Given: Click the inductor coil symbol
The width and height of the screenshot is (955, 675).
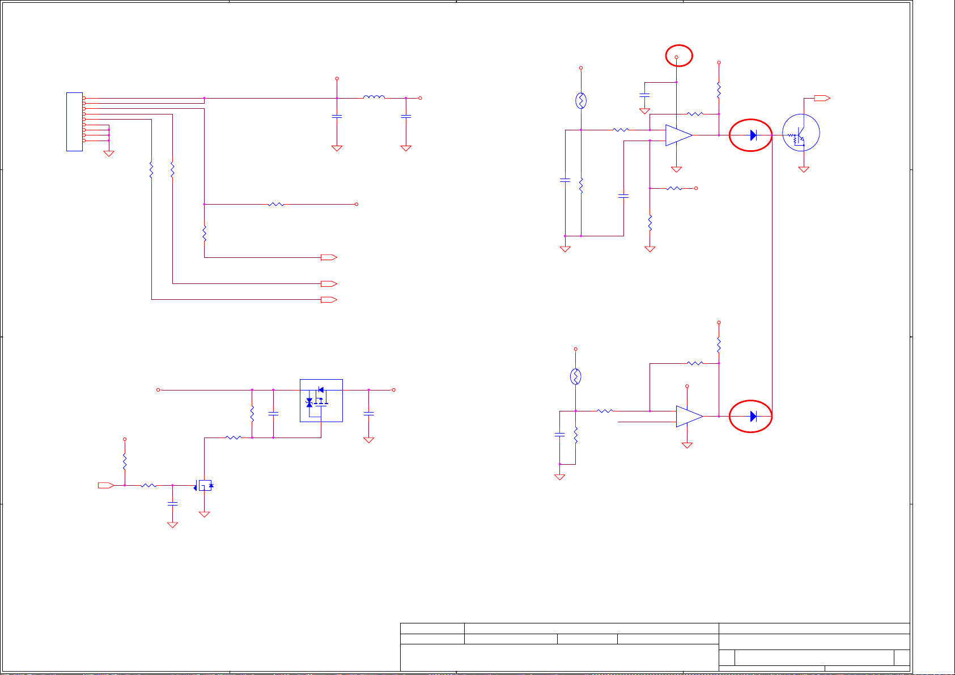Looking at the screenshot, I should click(x=374, y=97).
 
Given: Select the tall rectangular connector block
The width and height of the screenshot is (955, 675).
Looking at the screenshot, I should click(x=74, y=122).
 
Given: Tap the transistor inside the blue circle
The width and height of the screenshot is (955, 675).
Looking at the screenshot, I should click(x=801, y=133).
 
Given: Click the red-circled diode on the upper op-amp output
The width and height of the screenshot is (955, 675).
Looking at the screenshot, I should click(x=753, y=135).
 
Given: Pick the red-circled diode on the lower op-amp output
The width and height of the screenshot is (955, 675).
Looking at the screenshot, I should click(x=753, y=417).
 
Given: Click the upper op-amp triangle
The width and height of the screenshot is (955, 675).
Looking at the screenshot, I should click(x=678, y=135).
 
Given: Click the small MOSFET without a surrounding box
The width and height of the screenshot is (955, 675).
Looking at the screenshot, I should click(x=205, y=485).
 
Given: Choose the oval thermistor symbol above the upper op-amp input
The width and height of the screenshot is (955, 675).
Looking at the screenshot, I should click(x=581, y=101).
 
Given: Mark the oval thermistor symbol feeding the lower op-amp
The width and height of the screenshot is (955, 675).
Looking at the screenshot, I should click(x=575, y=376).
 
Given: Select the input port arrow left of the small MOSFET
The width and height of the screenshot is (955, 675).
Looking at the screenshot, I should click(x=106, y=485).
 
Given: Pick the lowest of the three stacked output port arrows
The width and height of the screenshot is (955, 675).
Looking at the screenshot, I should click(x=329, y=299).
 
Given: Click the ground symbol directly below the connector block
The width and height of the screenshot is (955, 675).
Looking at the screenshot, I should click(x=109, y=153).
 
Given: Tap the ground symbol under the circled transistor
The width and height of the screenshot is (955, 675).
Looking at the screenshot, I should click(x=804, y=169).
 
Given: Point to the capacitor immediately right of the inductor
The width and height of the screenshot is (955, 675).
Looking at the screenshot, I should click(x=406, y=116).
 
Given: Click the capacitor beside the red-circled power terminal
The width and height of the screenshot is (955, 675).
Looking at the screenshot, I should click(x=644, y=94).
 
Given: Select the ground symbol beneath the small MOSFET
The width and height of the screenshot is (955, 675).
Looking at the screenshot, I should click(x=205, y=514).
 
